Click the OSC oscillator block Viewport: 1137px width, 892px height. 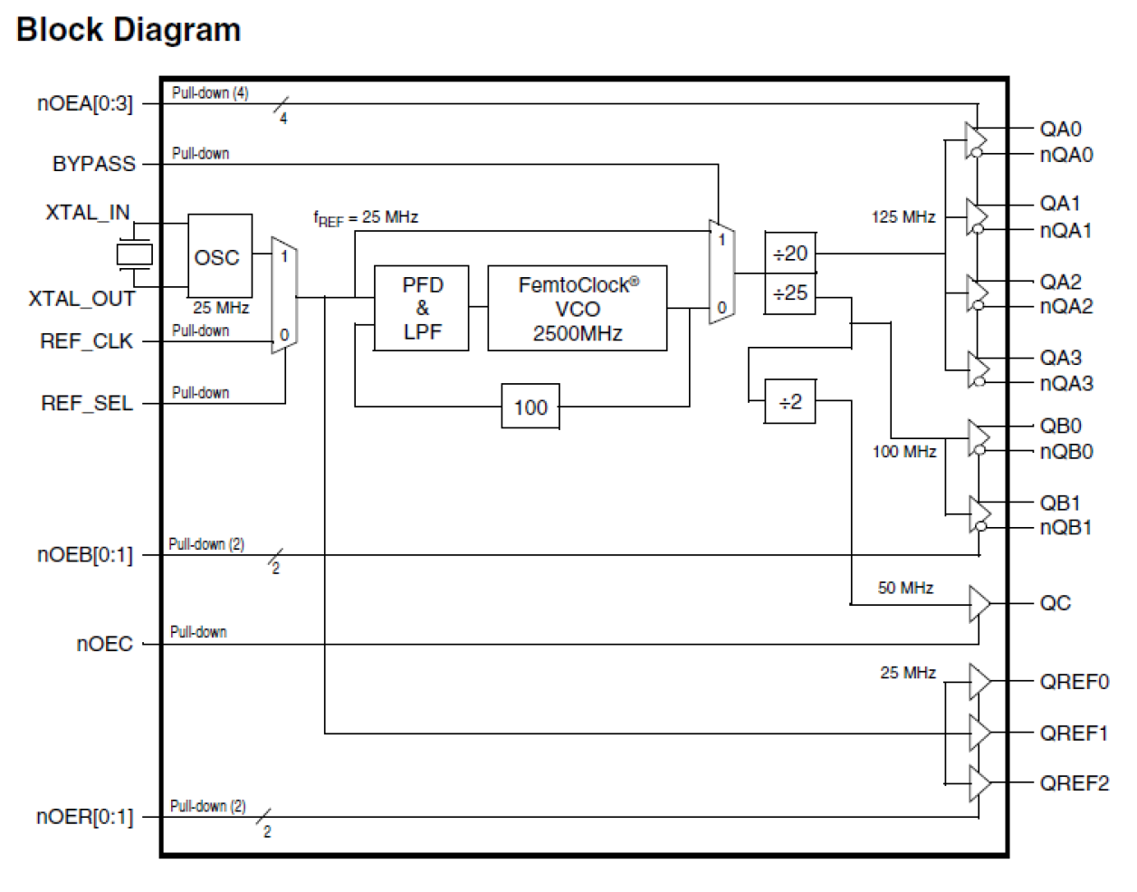pos(219,256)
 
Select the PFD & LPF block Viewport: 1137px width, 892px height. pos(422,308)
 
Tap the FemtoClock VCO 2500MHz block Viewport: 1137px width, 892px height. pos(578,308)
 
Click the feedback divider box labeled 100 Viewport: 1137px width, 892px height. pos(530,407)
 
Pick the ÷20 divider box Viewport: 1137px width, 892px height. pos(790,254)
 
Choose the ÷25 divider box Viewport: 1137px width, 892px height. pos(790,293)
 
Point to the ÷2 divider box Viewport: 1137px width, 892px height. pos(790,401)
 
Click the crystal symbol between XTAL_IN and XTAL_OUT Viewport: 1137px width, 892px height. pos(134,254)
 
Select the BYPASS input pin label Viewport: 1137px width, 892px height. pos(93,164)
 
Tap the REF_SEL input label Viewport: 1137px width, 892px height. pos(87,403)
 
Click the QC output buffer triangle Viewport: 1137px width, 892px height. pos(979,603)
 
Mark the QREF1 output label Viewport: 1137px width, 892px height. pos(1074,733)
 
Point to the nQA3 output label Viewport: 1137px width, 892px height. pos(1066,383)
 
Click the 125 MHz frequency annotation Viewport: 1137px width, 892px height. pos(903,217)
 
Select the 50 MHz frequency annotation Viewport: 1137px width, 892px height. pos(905,588)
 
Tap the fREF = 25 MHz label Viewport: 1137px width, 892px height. pos(366,217)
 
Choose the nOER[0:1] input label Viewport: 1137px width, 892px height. pos(84,817)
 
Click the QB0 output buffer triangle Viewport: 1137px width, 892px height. pos(978,437)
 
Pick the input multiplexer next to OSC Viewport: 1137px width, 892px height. pos(284,295)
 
